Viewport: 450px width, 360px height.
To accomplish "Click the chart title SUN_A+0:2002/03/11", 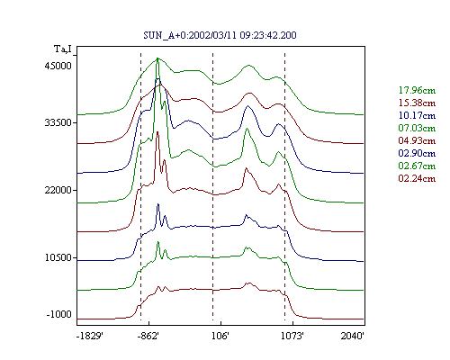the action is pos(191,35).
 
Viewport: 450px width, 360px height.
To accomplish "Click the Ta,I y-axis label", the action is pos(63,49).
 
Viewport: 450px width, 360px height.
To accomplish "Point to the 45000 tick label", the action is pos(58,66).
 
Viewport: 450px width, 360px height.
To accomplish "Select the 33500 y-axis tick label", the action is pos(58,122).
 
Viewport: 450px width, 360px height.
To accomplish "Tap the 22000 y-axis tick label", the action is pos(58,190).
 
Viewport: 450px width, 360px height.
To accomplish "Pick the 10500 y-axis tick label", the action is pos(58,257).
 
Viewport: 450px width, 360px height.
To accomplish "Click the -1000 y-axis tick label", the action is pos(59,314).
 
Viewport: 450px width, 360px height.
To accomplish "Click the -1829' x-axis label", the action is pos(90,336).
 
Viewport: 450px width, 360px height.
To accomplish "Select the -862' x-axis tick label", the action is pos(148,336).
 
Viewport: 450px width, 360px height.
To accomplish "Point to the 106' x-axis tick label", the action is pos(220,336).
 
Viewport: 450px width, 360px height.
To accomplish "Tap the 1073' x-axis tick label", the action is pos(292,336).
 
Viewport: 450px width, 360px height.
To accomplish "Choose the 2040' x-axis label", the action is pos(353,336).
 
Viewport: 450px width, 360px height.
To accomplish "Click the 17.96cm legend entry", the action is pos(417,90).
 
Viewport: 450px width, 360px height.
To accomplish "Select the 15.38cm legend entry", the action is pos(417,103).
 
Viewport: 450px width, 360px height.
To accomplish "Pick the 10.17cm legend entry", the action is pos(417,115).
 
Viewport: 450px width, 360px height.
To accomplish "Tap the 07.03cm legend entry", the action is pos(417,128).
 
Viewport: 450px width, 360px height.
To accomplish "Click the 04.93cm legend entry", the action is pos(417,140).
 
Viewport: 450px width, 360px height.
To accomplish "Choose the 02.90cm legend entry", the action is pos(417,153).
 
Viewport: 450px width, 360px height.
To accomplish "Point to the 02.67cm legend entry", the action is pos(417,166).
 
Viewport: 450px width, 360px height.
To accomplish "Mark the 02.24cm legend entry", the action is pos(417,178).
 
